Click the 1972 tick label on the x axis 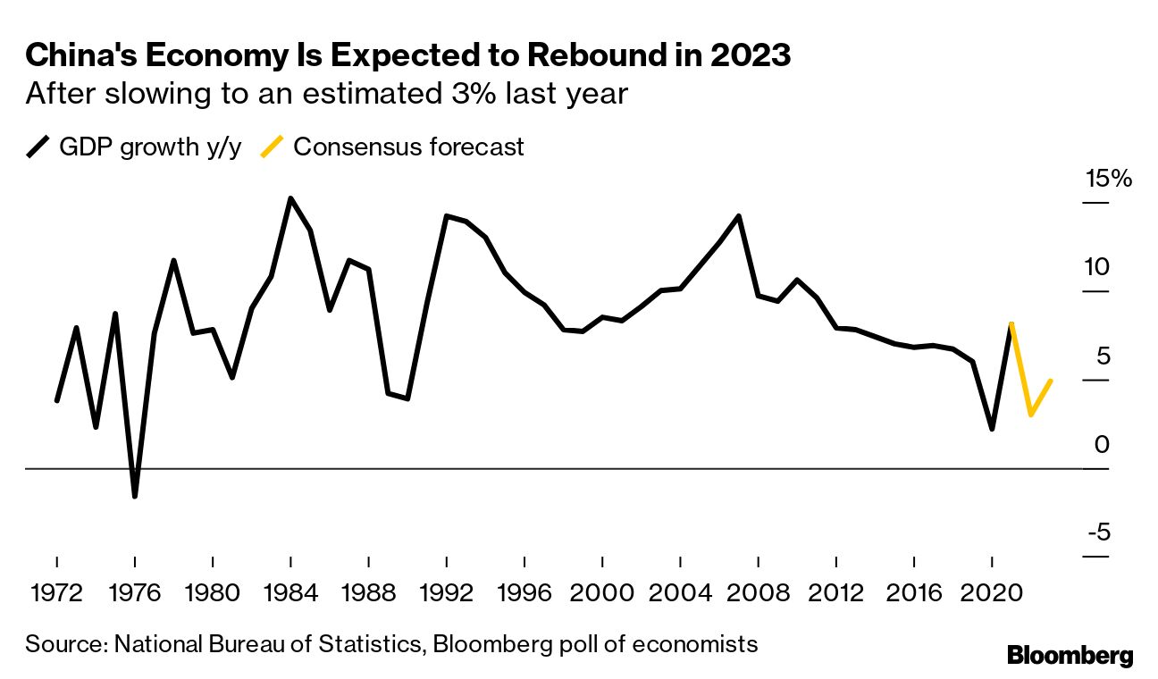[x=56, y=593]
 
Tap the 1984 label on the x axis [x=290, y=593]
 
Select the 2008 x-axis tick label [x=758, y=593]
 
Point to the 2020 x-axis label [x=992, y=593]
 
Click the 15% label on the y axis [x=1108, y=179]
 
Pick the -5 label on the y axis [x=1109, y=532]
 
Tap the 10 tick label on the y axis [x=1109, y=267]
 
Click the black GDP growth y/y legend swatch [x=38, y=147]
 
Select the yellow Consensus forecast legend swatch [x=272, y=147]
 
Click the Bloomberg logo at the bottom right [x=1070, y=655]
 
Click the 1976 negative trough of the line [x=135, y=496]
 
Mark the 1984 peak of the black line [x=290, y=198]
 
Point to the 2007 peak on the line [x=738, y=216]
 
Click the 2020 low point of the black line [x=992, y=429]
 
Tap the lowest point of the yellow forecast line [x=1031, y=415]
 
